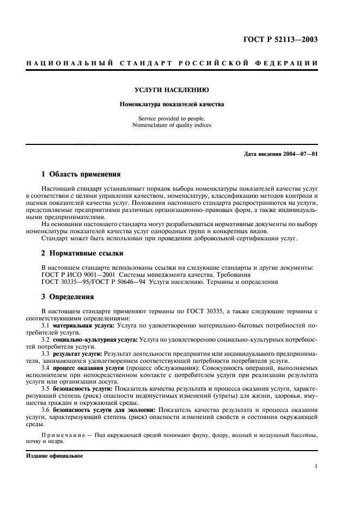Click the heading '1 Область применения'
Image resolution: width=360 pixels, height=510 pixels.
coord(81,175)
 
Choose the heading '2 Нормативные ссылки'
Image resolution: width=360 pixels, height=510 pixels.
coord(82,253)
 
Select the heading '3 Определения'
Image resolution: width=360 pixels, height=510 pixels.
coord(68,297)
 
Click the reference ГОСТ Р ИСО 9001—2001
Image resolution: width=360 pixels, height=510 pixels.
coord(74,275)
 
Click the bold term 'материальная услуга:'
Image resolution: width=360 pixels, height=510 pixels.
coord(84,325)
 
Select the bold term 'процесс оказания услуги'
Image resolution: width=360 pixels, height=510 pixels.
coord(86,368)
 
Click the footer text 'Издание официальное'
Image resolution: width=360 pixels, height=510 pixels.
coord(54,456)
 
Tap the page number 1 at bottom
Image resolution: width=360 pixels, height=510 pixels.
coord(316,466)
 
